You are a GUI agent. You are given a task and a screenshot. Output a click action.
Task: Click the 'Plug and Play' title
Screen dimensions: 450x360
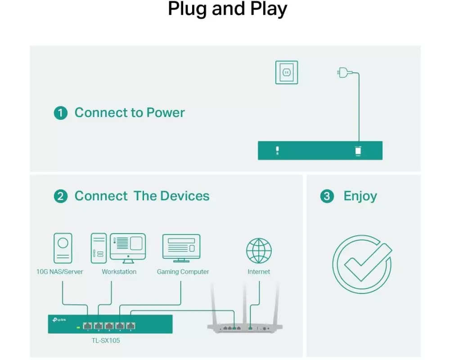[227, 9]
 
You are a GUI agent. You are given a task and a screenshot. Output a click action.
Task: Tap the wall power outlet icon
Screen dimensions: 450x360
[286, 72]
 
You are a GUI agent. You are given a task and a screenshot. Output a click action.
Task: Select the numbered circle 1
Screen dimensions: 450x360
[61, 113]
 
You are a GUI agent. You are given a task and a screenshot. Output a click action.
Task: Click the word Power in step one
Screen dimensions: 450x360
[166, 112]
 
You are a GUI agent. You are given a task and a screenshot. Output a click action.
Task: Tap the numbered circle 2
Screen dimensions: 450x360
[61, 196]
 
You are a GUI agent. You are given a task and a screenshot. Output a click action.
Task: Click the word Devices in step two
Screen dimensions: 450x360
[185, 196]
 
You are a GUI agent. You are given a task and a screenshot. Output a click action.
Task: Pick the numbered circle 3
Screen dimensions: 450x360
[327, 196]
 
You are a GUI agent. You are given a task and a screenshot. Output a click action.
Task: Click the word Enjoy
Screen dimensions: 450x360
[360, 197]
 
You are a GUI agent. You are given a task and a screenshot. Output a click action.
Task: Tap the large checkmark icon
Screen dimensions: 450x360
[362, 264]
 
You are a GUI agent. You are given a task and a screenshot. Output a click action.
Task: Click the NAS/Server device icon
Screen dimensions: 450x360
[63, 248]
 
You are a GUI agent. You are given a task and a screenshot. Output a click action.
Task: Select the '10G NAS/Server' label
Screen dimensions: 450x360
[60, 272]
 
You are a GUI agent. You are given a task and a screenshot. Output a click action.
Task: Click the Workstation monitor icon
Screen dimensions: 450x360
[128, 248]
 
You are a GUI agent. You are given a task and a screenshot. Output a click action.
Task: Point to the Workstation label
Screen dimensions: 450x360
[119, 272]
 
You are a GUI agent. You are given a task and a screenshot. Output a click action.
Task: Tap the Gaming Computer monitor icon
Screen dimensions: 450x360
[181, 248]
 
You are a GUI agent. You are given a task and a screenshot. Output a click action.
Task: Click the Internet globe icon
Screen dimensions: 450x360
[259, 251]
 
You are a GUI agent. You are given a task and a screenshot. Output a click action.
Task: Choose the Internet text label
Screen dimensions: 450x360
[259, 272]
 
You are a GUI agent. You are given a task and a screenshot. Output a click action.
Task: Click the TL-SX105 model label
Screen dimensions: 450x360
[106, 341]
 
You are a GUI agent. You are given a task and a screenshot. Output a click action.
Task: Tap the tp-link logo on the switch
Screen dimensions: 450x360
[59, 320]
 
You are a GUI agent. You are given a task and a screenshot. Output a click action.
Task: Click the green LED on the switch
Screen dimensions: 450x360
[78, 327]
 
